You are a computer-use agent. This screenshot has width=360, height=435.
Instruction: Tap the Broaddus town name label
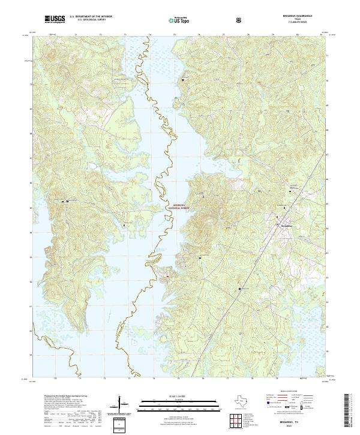tap(288, 226)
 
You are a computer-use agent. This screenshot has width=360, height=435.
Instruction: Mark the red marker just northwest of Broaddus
tap(277, 216)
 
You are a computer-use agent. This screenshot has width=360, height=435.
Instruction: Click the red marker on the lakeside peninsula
tap(167, 276)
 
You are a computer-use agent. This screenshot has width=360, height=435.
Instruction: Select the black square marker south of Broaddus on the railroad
tap(241, 289)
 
